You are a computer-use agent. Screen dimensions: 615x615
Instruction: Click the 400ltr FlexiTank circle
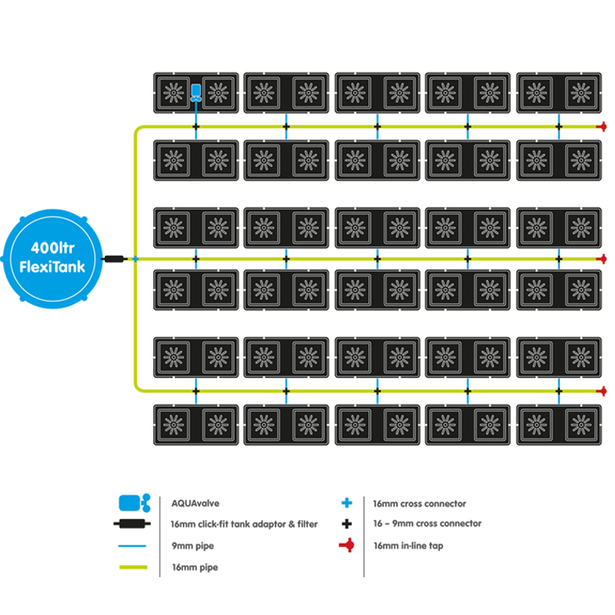coord(52,259)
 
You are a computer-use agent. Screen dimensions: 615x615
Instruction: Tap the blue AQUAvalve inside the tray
coord(196,93)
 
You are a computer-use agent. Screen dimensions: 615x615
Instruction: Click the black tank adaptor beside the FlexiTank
coord(114,259)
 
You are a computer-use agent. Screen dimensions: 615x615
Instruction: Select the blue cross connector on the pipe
coord(135,259)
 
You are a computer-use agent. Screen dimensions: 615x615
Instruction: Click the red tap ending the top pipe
coord(602,126)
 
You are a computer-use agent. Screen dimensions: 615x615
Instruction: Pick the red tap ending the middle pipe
coord(602,259)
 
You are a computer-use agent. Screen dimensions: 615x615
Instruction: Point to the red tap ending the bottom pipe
coord(602,391)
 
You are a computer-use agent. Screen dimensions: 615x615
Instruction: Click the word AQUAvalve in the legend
coord(195,503)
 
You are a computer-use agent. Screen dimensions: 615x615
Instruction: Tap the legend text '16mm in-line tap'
coord(408,545)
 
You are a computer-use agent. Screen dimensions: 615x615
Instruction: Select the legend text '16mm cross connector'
coord(419,503)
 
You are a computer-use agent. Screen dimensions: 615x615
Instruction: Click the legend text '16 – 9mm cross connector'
coord(427,523)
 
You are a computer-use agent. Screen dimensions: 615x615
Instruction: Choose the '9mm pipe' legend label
coord(193,545)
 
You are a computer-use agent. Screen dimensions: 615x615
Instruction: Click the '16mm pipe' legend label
coord(195,567)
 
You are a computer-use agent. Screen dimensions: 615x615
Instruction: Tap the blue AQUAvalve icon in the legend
coord(134,503)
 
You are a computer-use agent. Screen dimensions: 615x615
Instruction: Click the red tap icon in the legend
coord(347,545)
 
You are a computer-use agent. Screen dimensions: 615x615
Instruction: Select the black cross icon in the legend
coord(347,524)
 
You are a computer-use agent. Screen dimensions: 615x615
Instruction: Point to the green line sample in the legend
coord(134,567)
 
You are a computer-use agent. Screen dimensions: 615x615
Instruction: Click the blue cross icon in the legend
coord(347,503)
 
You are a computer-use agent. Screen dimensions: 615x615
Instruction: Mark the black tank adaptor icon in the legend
coord(132,524)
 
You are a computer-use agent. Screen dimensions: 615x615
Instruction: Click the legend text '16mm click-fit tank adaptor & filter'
coord(244,524)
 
